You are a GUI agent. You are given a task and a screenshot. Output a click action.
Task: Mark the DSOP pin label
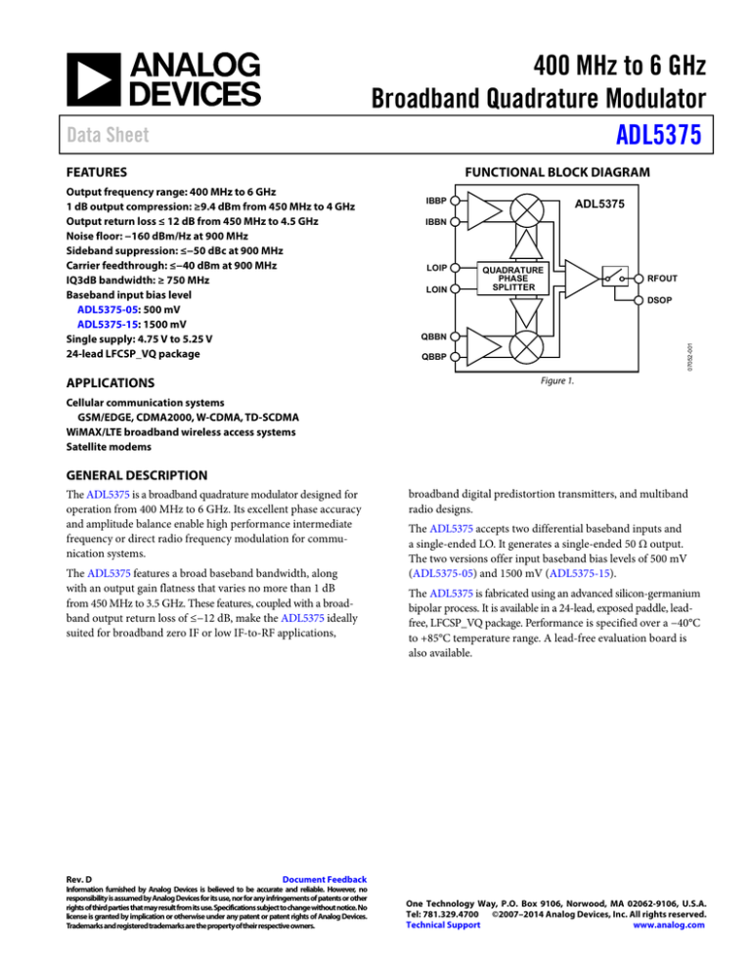tap(662, 299)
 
